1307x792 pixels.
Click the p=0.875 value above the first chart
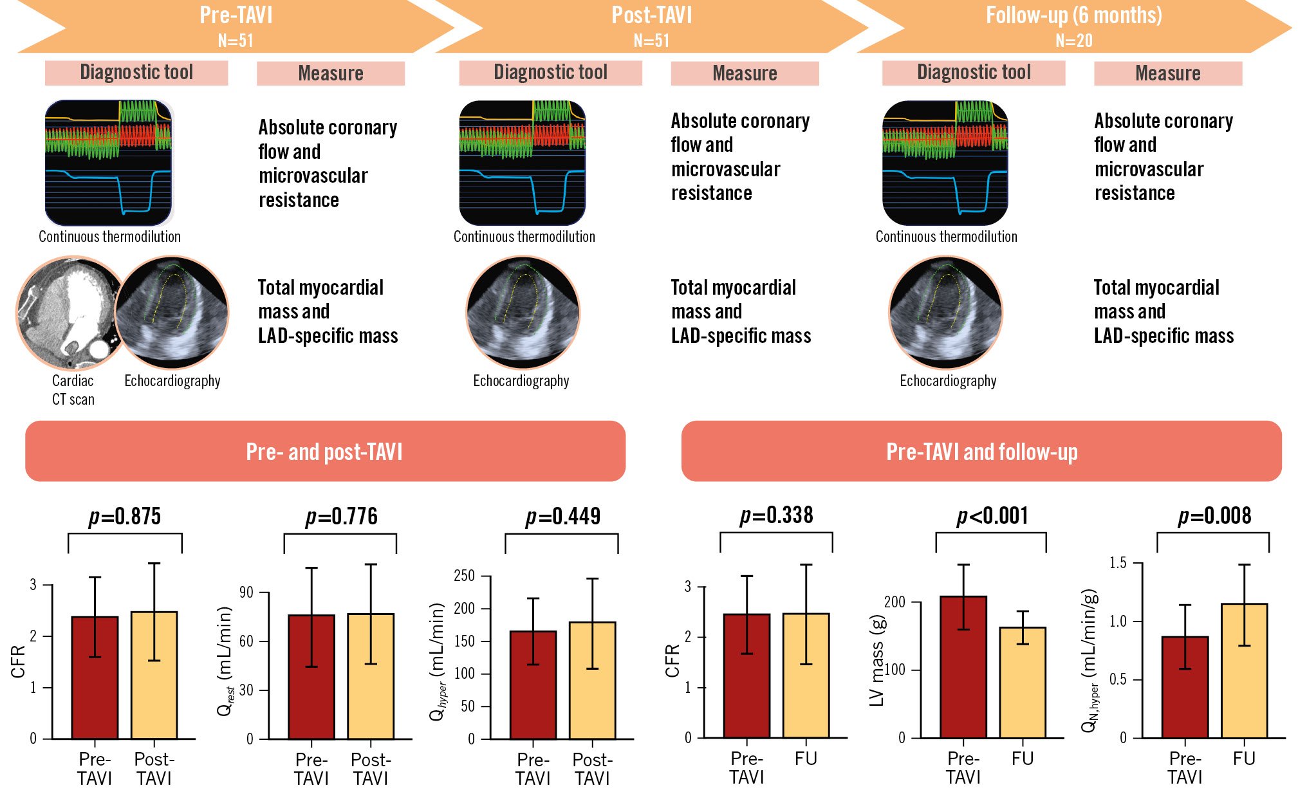pyautogui.click(x=124, y=517)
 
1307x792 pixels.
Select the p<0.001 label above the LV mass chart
pyautogui.click(x=992, y=516)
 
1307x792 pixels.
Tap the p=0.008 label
pyautogui.click(x=1214, y=516)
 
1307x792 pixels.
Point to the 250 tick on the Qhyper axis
pyautogui.click(x=465, y=576)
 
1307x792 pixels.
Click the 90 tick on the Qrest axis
pyautogui.click(x=246, y=593)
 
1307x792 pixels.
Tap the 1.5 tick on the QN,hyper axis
pyautogui.click(x=1118, y=564)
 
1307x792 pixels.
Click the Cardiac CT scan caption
pyautogui.click(x=73, y=390)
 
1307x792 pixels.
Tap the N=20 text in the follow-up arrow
pyautogui.click(x=1073, y=41)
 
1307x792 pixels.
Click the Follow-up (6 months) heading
pyautogui.click(x=1073, y=15)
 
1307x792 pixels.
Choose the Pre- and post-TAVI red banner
pyautogui.click(x=325, y=451)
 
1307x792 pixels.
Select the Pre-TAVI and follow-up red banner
pyautogui.click(x=981, y=451)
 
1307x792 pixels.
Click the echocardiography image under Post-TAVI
pyautogui.click(x=523, y=313)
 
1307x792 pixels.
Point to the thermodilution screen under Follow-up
pyautogui.click(x=945, y=163)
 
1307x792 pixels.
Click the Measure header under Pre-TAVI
pyautogui.click(x=331, y=73)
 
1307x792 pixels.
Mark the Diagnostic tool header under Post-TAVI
pyautogui.click(x=550, y=73)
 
